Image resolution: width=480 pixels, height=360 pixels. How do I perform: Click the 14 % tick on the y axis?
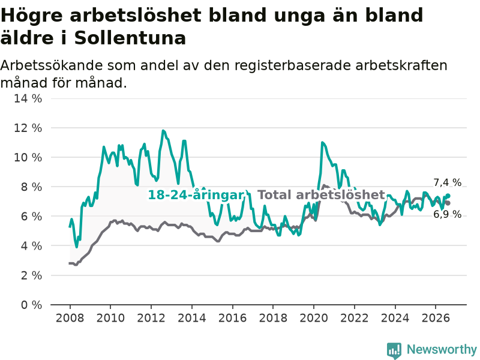click(x=28, y=98)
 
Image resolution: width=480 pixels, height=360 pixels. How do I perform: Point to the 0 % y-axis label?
click(x=32, y=305)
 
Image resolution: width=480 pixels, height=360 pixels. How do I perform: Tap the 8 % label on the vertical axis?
click(x=32, y=187)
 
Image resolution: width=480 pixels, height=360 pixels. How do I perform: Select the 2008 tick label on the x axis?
click(x=70, y=318)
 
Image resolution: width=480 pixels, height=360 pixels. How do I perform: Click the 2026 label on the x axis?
click(x=436, y=318)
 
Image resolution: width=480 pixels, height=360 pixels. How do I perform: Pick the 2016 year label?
click(x=232, y=318)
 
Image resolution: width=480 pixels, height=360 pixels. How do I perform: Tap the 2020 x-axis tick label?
click(x=314, y=318)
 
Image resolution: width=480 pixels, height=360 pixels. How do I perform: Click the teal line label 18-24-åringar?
click(x=196, y=195)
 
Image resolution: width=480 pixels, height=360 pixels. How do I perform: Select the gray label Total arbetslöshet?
click(x=321, y=194)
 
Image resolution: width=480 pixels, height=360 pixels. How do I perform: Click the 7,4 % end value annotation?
click(x=447, y=182)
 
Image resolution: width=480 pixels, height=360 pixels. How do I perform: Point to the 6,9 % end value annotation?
click(x=447, y=214)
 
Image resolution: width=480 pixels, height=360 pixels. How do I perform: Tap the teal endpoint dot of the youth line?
click(x=448, y=196)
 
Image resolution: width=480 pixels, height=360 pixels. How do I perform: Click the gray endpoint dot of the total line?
click(x=448, y=203)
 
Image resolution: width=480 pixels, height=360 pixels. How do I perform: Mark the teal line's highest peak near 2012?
click(x=163, y=131)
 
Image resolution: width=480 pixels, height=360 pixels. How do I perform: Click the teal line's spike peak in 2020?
click(x=322, y=142)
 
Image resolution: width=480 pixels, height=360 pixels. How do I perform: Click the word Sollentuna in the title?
click(x=130, y=38)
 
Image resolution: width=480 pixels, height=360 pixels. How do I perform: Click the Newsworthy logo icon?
click(x=394, y=350)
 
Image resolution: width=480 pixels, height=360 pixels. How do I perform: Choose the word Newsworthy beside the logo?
click(x=442, y=349)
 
